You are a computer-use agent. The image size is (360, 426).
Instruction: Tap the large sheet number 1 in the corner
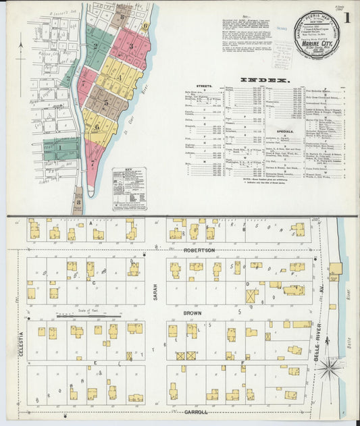point(346,18)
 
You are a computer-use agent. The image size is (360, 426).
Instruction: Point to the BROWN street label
point(192,314)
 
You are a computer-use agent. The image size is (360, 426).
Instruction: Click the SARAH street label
point(155,292)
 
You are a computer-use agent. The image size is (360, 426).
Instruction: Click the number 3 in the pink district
point(132,45)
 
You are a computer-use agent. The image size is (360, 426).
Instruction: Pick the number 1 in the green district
point(59,147)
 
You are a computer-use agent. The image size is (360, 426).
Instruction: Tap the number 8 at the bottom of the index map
point(78,201)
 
